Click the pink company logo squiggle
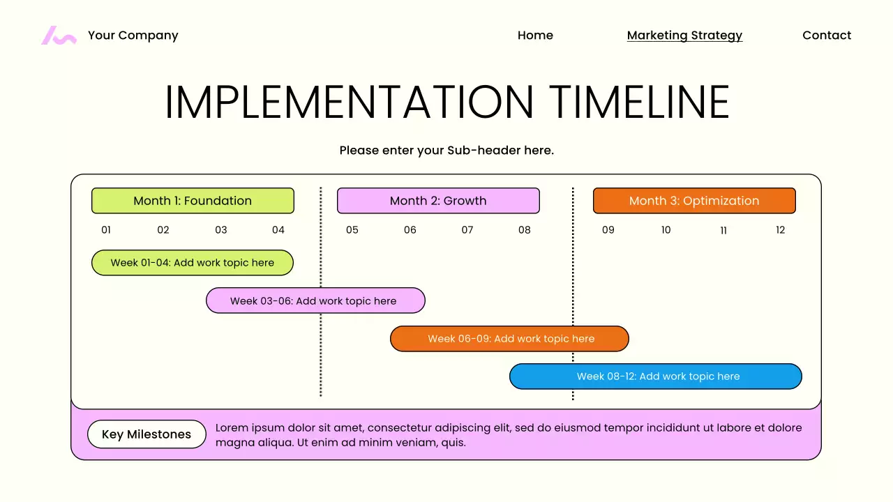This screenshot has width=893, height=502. point(59,36)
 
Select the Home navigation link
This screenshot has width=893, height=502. point(535,36)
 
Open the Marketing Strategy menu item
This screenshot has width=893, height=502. point(684,36)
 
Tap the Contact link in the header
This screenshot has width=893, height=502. point(827,36)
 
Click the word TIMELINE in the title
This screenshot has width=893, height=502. point(639,102)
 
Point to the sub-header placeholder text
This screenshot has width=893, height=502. point(446,151)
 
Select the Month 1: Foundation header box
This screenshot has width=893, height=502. point(193,201)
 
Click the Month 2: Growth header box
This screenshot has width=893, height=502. point(438,201)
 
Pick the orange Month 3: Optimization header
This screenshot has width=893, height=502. point(694,201)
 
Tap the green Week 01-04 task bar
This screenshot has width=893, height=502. point(193,263)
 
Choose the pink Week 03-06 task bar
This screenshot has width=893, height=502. point(315,301)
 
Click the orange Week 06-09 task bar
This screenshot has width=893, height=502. point(509,339)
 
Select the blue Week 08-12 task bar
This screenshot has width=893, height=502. point(656,376)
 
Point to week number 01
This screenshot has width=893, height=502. point(106,230)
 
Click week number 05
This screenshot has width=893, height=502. point(352,230)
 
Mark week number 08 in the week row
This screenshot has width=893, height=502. point(525,230)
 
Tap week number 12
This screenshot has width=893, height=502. point(780,230)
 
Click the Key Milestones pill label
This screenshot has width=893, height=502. point(147,434)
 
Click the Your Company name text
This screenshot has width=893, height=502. point(133,36)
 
